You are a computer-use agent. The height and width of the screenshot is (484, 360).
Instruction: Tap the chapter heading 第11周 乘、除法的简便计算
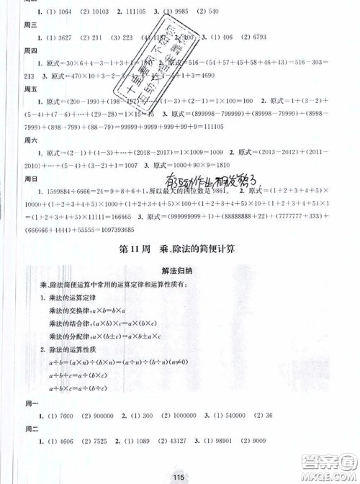(x=179, y=251)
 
